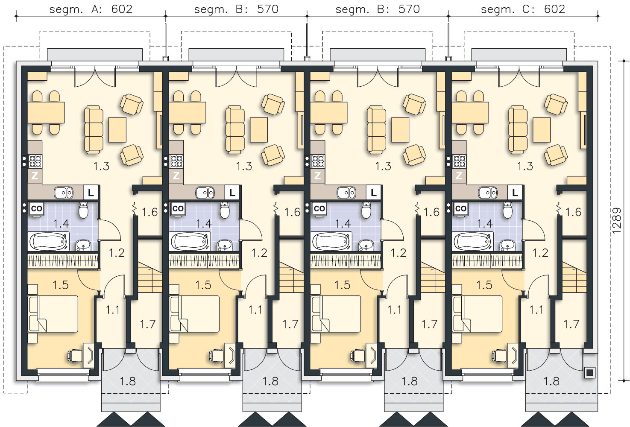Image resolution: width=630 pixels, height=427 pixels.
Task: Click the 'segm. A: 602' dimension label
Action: coord(91,9)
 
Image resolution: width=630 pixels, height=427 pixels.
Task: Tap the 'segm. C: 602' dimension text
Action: coord(523,9)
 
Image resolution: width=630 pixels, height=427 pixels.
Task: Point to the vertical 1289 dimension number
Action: coord(616,221)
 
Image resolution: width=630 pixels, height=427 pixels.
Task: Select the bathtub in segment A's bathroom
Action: coord(48,242)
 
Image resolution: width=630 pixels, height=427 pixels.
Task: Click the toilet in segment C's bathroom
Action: coord(507,210)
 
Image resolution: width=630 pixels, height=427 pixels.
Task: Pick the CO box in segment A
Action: coord(36,208)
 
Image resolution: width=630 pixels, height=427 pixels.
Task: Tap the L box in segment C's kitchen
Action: coord(515,193)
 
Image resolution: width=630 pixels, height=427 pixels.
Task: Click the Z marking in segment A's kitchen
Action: coord(35,176)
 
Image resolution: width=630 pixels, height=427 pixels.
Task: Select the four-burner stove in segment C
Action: coord(459,162)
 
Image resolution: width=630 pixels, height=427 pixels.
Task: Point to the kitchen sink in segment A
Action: coord(64,193)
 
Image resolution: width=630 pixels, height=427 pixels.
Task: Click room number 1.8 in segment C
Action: coord(551,381)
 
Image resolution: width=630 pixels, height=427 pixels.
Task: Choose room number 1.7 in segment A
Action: coord(148,324)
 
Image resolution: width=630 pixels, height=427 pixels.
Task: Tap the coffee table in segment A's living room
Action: coord(117,130)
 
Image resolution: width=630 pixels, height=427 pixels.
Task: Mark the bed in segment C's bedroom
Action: coord(477,314)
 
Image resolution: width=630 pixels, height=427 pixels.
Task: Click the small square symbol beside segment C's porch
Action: coord(589,373)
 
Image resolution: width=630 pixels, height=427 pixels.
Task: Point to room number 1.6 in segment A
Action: coord(149,212)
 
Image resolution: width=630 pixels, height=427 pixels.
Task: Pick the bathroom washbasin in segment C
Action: coord(507,245)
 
